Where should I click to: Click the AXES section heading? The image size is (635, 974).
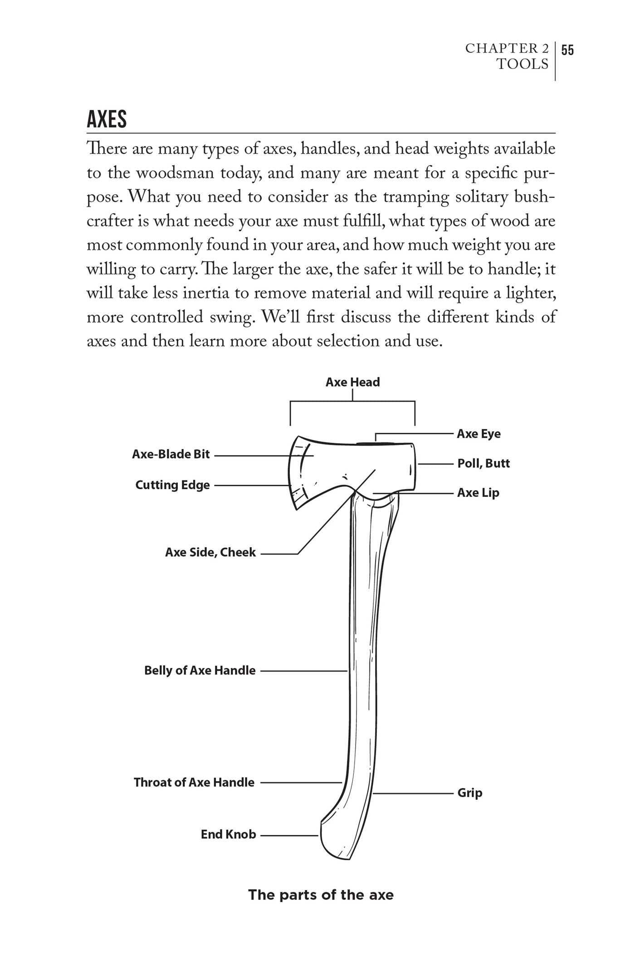[x=107, y=119]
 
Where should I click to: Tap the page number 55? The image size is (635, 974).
[x=567, y=50]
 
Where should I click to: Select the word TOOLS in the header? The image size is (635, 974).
[x=523, y=64]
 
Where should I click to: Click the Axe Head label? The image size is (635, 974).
[x=352, y=382]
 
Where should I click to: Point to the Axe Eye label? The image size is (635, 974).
[x=479, y=434]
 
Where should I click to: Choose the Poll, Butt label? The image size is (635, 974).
[x=483, y=463]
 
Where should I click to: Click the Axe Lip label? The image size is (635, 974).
[x=478, y=493]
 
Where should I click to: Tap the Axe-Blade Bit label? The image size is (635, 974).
[x=171, y=454]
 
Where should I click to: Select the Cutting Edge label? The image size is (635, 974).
[x=172, y=485]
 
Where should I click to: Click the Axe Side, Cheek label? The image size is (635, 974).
[x=210, y=552]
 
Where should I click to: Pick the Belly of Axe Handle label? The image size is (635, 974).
[x=200, y=671]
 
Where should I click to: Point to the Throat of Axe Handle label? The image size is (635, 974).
[x=194, y=782]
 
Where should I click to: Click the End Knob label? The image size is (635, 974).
[x=228, y=834]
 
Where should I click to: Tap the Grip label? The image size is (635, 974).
[x=469, y=793]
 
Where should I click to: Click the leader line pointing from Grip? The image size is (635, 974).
[x=413, y=793]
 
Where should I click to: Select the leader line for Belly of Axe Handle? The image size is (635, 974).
[x=304, y=671]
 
